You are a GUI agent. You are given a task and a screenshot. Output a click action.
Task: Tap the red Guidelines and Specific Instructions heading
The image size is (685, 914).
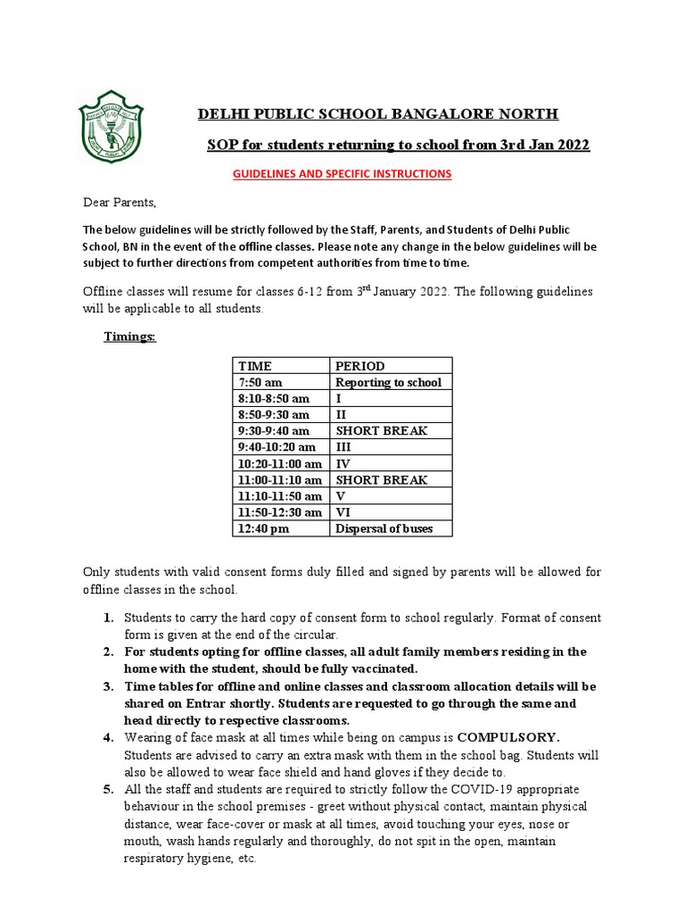(342, 173)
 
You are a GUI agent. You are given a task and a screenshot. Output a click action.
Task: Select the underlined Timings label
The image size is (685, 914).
(130, 337)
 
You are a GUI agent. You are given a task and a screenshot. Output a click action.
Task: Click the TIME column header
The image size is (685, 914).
(255, 366)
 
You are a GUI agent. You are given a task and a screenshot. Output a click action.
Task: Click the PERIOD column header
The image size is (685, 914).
(359, 366)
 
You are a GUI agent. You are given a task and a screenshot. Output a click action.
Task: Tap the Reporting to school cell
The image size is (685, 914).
(388, 382)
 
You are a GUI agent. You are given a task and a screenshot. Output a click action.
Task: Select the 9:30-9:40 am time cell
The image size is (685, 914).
(274, 430)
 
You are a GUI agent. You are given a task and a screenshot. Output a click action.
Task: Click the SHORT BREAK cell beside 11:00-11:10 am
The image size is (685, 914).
(381, 479)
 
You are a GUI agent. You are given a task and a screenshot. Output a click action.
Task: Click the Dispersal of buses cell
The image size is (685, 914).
(384, 528)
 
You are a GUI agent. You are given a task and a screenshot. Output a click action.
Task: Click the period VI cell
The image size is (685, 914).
(343, 512)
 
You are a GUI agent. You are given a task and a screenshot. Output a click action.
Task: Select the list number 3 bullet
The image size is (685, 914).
(107, 686)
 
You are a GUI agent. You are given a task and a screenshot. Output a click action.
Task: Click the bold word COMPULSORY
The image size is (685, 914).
(509, 738)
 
